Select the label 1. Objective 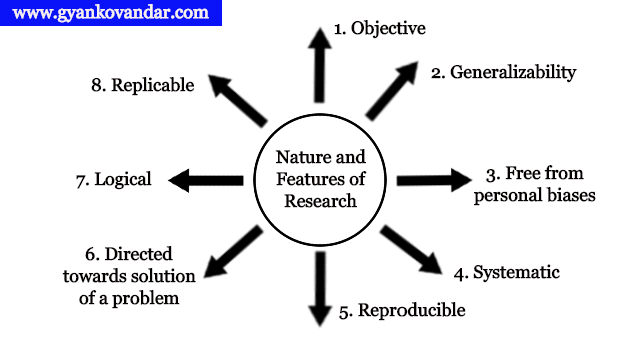pos(380,28)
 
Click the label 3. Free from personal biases pos(534,184)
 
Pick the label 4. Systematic pos(506,272)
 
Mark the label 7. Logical pos(113,180)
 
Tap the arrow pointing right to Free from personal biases pos(432,180)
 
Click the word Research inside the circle pos(319,201)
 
